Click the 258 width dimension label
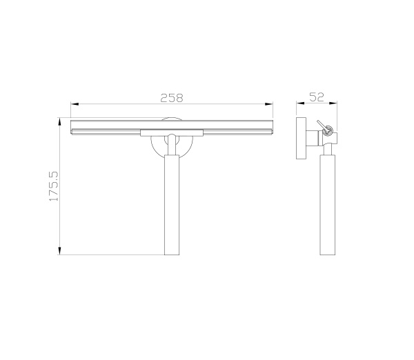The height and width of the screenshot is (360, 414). click(172, 98)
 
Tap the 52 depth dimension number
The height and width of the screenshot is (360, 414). click(317, 97)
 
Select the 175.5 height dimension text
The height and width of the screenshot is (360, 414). click(54, 186)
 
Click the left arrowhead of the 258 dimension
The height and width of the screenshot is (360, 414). click(75, 104)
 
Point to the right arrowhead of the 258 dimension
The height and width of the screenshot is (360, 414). click(269, 104)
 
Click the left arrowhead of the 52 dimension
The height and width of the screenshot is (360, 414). click(300, 103)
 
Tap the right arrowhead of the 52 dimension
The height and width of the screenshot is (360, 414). click(333, 103)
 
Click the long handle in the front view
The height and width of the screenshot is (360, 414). click(172, 205)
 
